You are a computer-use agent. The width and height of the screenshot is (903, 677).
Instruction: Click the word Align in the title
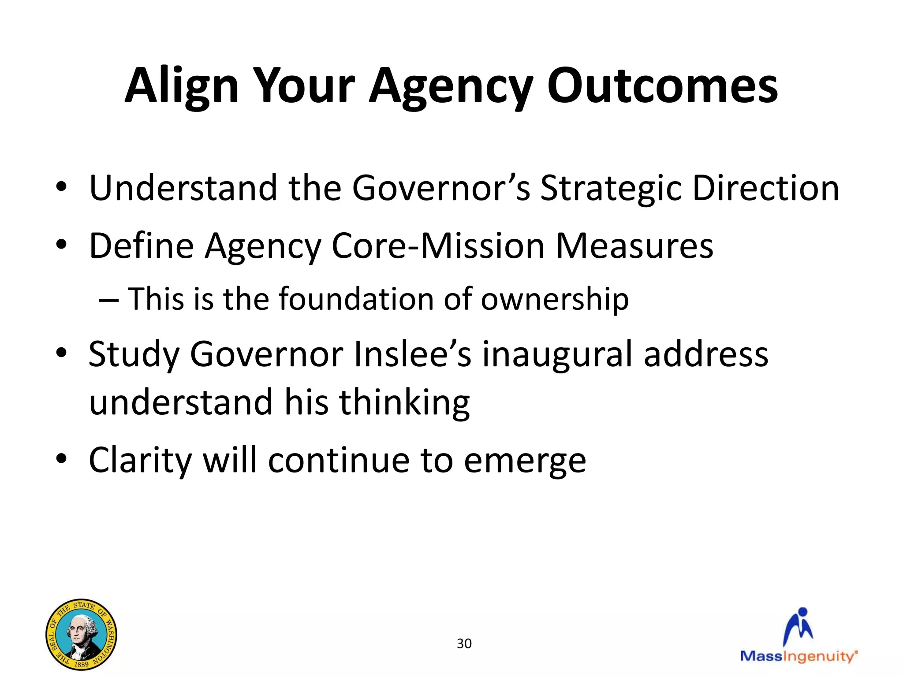[182, 86]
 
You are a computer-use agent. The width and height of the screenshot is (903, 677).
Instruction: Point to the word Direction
[766, 188]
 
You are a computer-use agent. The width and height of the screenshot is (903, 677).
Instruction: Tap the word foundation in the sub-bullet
[357, 299]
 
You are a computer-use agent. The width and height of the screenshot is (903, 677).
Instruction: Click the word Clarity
[140, 461]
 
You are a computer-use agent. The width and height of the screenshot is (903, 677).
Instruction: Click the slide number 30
[464, 644]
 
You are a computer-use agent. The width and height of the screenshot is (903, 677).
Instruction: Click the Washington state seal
[82, 634]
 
